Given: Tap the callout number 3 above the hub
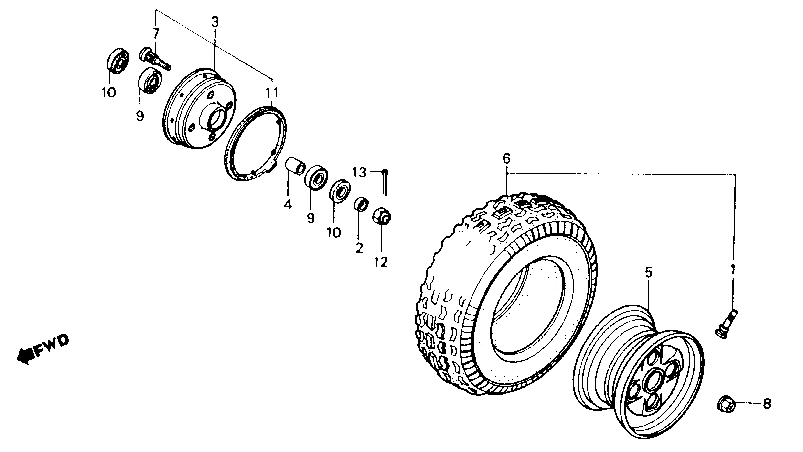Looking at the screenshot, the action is coord(215,22).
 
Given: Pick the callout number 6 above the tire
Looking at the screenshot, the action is coord(507,159).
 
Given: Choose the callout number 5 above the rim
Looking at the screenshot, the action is coord(648,273).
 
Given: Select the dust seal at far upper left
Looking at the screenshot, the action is coord(118,61).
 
